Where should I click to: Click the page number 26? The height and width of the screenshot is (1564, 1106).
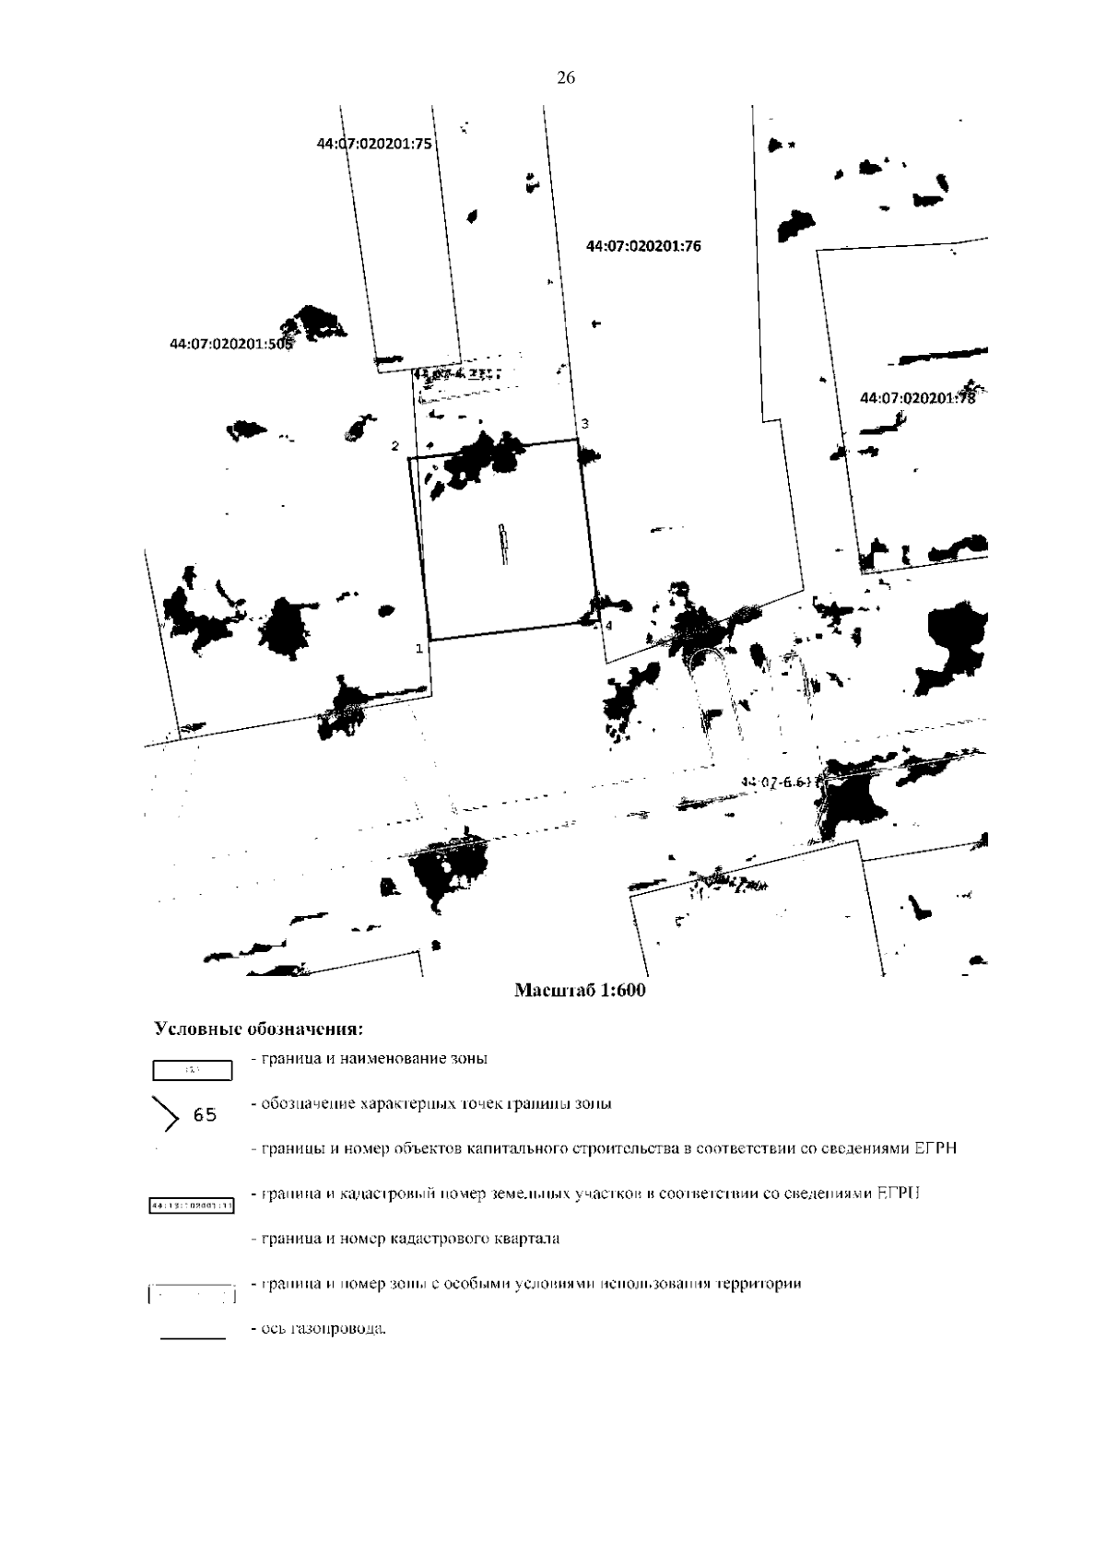[x=566, y=79]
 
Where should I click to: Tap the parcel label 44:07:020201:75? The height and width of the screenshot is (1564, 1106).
[x=374, y=144]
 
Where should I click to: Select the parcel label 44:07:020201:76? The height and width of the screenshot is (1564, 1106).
[x=643, y=246]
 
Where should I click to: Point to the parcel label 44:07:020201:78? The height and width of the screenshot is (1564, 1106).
[x=916, y=397]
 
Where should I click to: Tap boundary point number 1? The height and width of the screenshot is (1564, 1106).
[x=419, y=648]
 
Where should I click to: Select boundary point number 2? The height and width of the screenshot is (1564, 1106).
[x=395, y=446]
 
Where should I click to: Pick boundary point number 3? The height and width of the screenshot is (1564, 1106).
[x=584, y=423]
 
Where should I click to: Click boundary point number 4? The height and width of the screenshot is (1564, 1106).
[x=607, y=625]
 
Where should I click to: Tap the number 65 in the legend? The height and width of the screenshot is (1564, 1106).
[x=205, y=1115]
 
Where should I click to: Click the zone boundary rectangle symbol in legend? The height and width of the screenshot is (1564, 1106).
[x=192, y=1070]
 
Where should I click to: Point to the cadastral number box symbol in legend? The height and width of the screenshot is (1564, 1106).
[x=192, y=1205]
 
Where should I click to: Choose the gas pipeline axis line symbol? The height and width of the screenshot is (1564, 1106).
[x=193, y=1337]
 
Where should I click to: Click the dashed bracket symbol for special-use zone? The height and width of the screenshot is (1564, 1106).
[x=192, y=1295]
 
